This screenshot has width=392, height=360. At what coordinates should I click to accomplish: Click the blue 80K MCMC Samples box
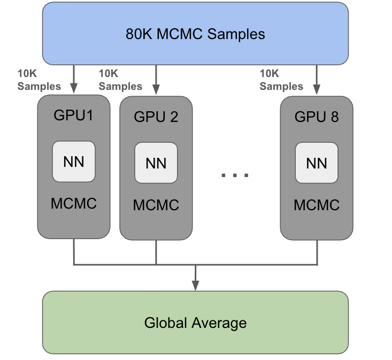coord(195,34)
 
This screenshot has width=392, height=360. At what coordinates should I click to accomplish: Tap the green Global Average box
coord(195,323)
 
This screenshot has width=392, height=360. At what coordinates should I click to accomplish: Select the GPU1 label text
coord(74,115)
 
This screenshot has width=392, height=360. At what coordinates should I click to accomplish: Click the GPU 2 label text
coord(156,117)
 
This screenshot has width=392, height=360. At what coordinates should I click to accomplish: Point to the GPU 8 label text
coord(317,117)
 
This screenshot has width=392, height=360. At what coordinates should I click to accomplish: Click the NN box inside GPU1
coord(74,162)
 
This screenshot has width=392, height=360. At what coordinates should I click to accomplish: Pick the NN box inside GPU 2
coord(156,163)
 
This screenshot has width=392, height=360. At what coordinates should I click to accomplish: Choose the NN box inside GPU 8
coord(317,163)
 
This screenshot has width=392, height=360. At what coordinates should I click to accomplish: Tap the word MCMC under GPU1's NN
coord(74,203)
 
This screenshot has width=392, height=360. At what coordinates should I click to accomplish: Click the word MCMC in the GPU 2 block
coord(156,205)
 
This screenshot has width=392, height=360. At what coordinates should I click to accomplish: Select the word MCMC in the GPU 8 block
coord(317,205)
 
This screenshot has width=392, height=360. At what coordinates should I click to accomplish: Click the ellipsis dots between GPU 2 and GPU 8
coord(235,174)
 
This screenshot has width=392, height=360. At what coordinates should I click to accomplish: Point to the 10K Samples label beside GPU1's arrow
coord(39,80)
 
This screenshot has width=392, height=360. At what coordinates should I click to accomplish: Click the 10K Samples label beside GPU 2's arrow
coord(120,80)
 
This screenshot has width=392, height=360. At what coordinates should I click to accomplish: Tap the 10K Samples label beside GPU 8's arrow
coord(281,80)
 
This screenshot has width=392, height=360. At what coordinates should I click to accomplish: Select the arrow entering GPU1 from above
coord(74,80)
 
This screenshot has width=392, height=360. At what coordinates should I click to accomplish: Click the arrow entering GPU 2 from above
coord(156,80)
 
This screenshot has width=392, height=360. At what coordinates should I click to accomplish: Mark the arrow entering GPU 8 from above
coord(317,80)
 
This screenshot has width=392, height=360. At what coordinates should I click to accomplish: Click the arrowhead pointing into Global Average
coord(195,284)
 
